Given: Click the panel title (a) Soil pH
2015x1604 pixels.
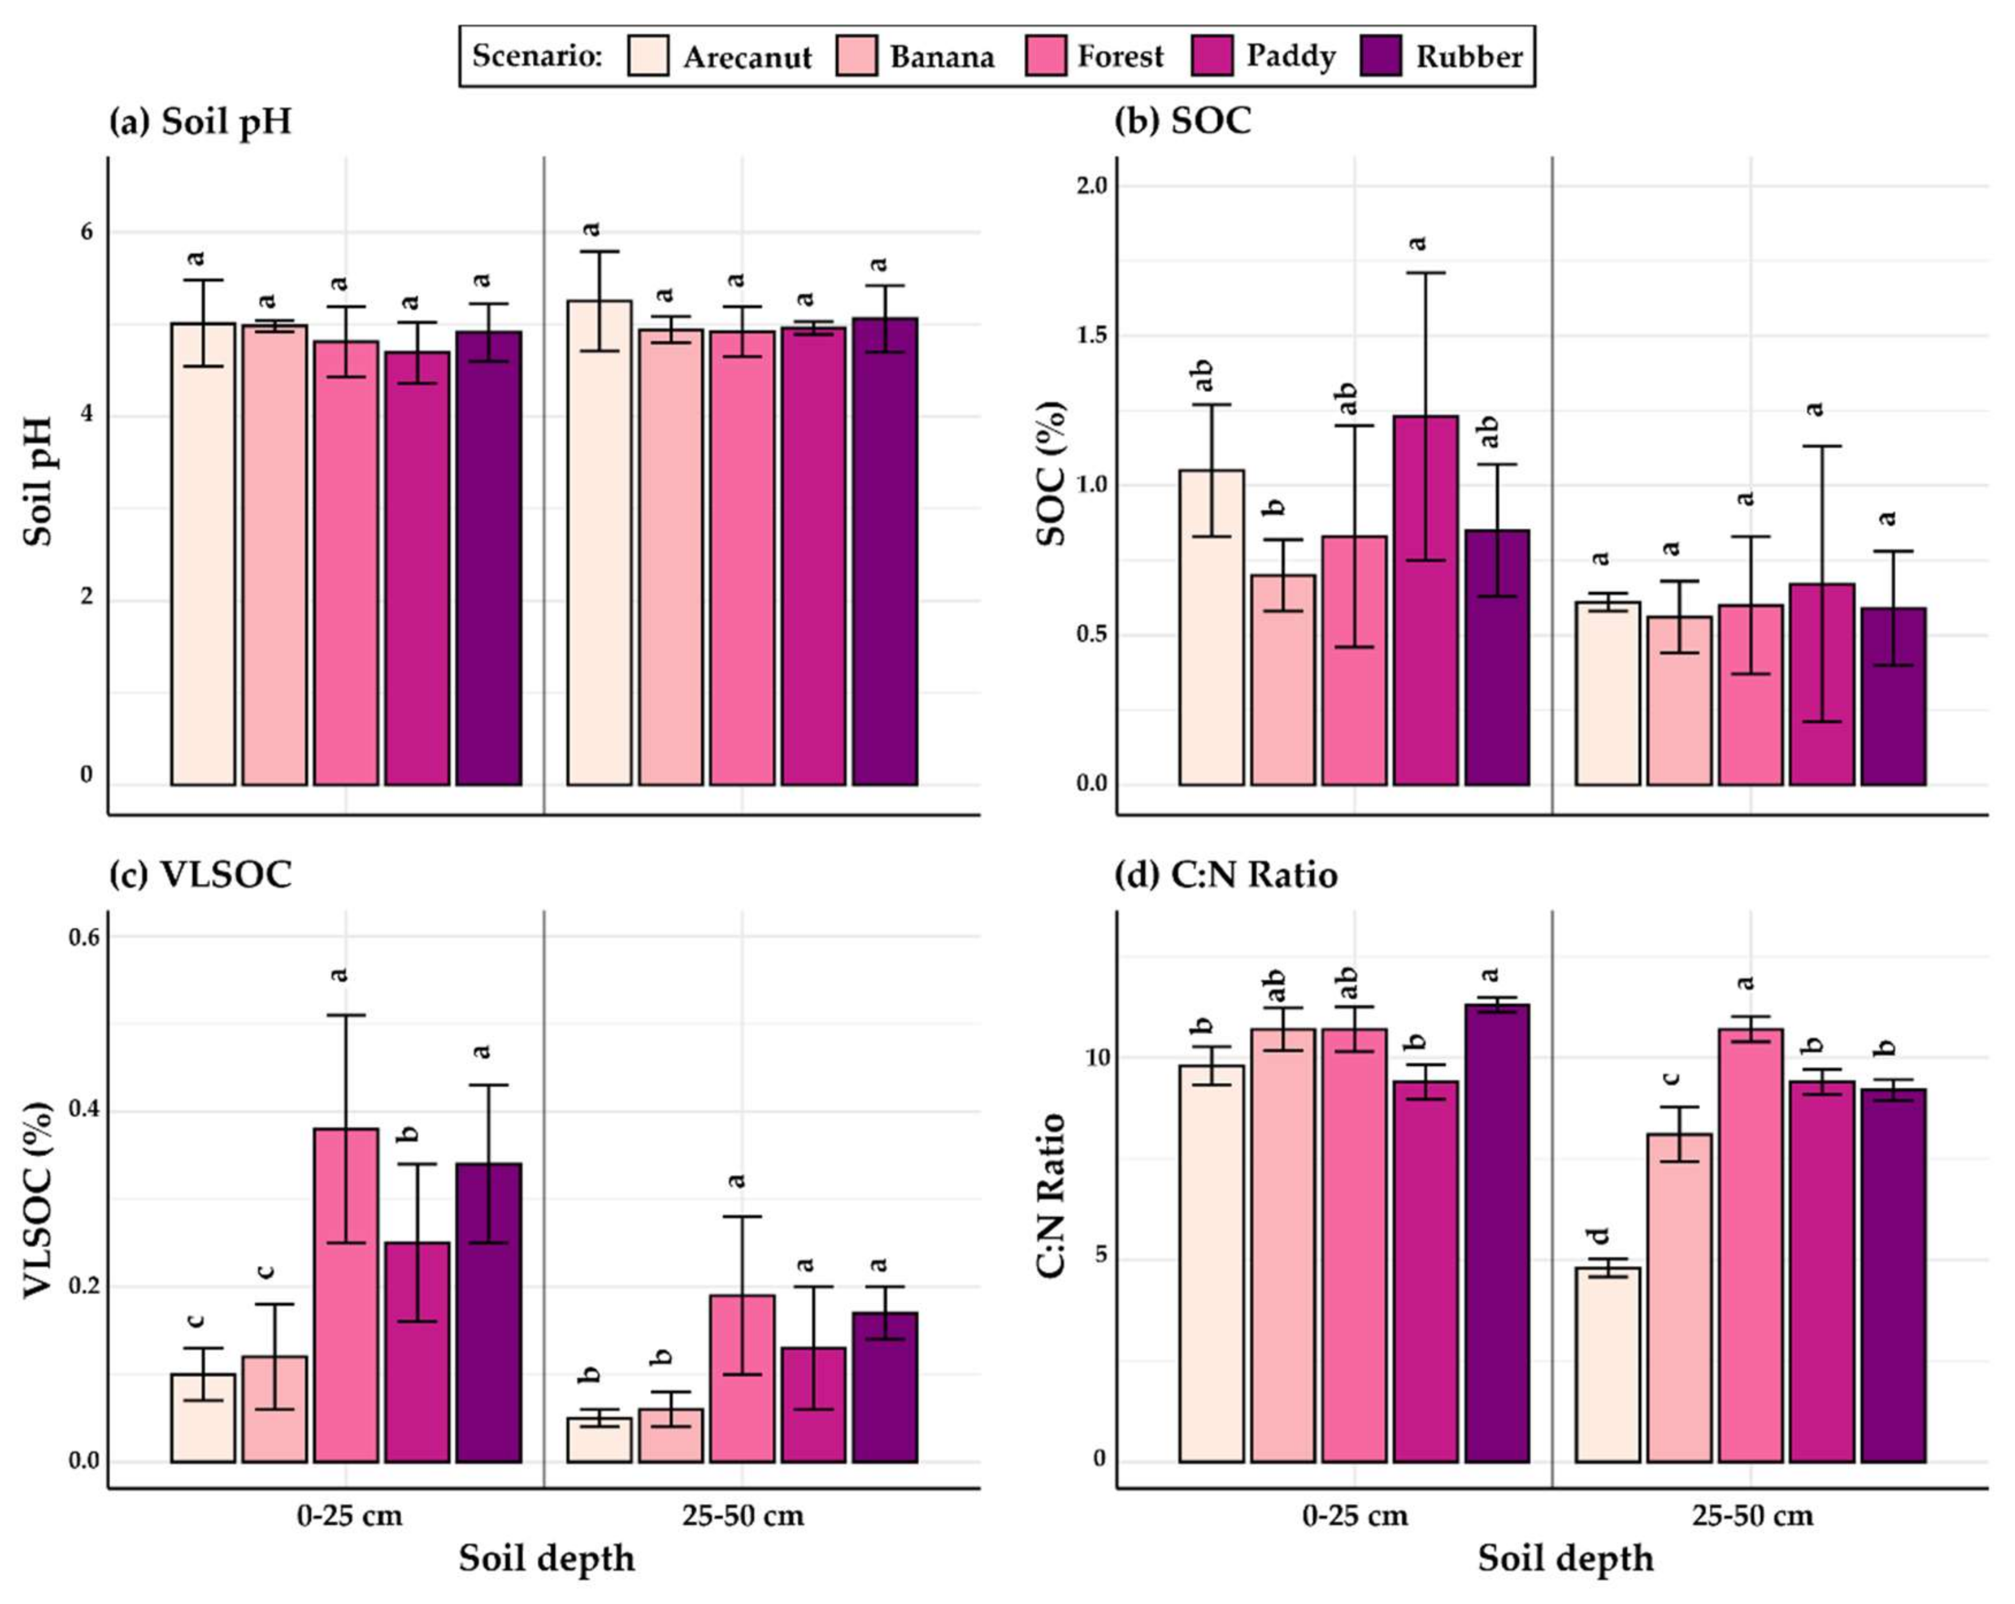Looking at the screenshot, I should coord(200,121).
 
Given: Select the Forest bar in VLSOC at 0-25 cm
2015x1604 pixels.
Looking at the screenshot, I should coord(346,1294).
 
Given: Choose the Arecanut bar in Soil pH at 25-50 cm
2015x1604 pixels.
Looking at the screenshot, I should coord(599,542).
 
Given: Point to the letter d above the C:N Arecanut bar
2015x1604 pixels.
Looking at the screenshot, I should coord(1600,1236).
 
